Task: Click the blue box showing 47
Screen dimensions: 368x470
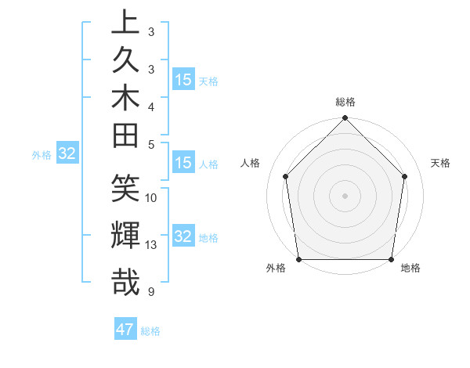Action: pyautogui.click(x=125, y=330)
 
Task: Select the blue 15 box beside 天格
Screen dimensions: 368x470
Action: pyautogui.click(x=183, y=80)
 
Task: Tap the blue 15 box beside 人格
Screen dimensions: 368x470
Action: pyautogui.click(x=183, y=163)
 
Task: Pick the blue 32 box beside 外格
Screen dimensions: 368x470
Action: pyautogui.click(x=67, y=153)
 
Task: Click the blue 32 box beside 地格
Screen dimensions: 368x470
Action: pyautogui.click(x=183, y=236)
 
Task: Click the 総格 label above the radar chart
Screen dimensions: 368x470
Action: pyautogui.click(x=345, y=102)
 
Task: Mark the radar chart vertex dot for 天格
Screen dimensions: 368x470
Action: pyautogui.click(x=405, y=176)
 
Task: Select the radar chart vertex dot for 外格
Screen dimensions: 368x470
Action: pyautogui.click(x=299, y=259)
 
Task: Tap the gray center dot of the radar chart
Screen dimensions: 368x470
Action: pyautogui.click(x=345, y=195)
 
